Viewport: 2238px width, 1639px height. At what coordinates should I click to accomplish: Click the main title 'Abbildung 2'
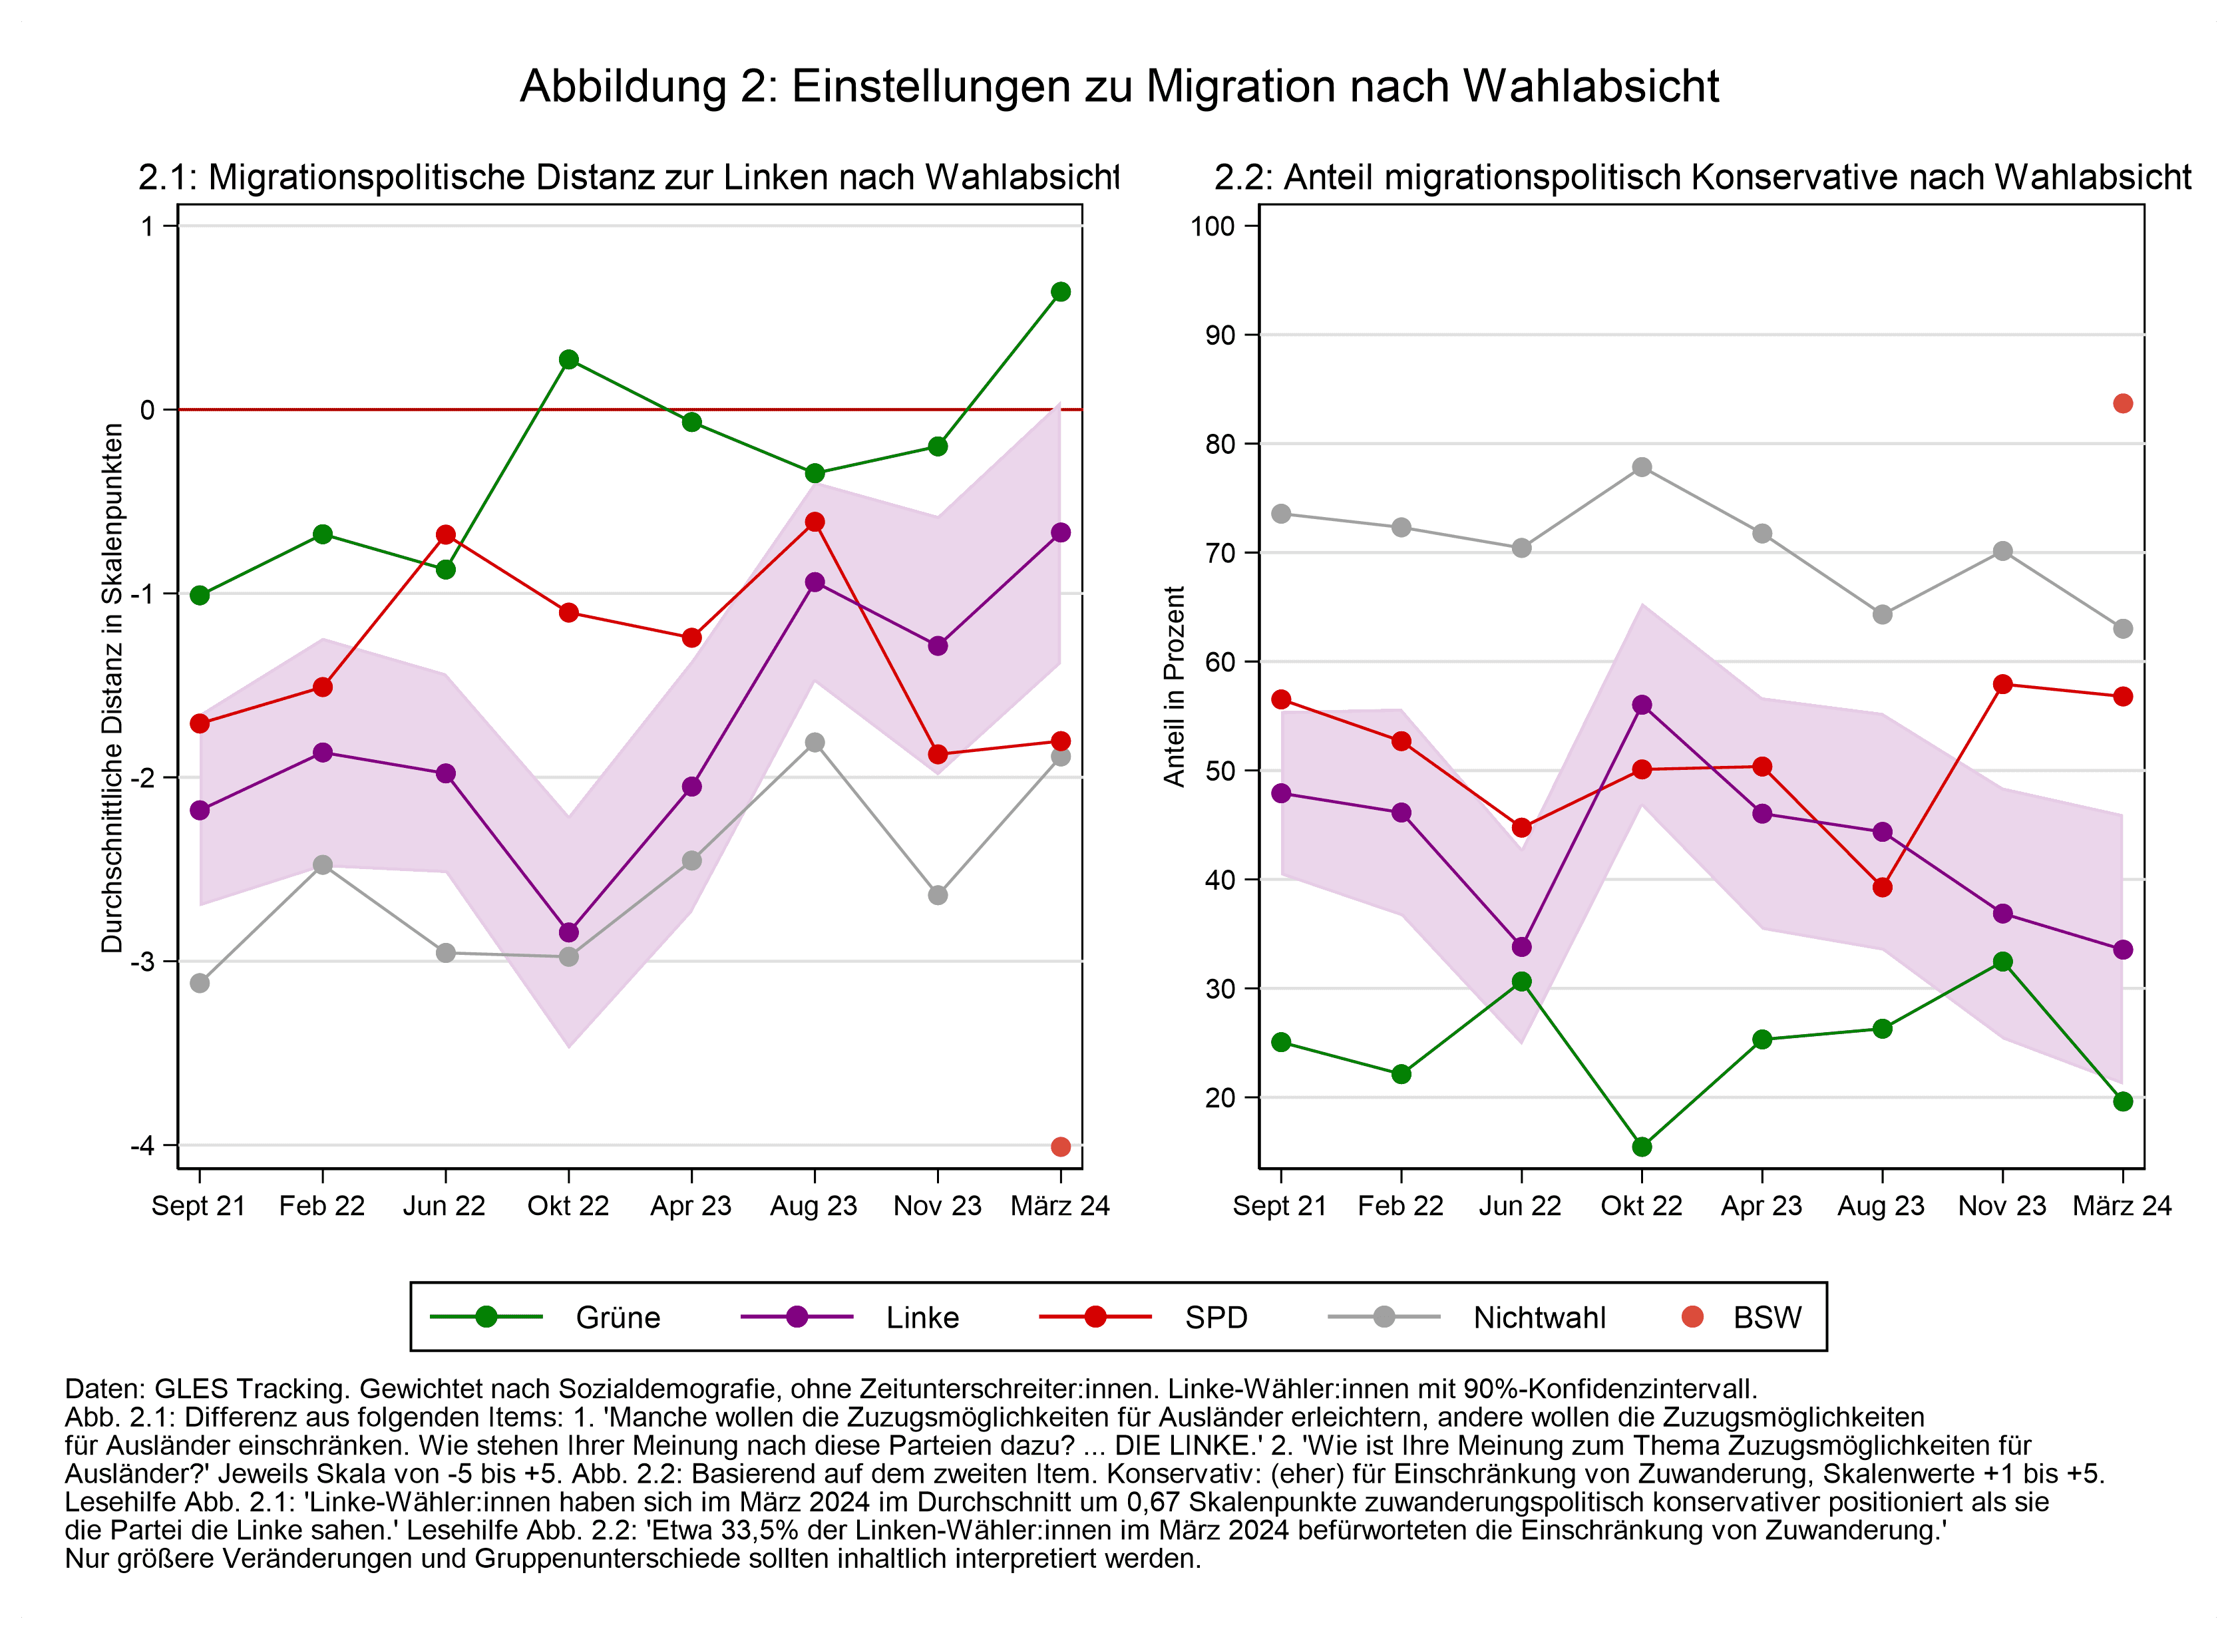click(1119, 87)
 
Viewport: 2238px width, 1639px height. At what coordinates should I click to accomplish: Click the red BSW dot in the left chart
click(1061, 1147)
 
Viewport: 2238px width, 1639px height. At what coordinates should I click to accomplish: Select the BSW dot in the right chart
click(2123, 404)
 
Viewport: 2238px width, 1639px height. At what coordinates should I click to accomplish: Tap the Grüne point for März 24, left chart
click(1061, 291)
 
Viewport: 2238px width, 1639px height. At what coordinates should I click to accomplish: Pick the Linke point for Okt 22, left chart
click(568, 932)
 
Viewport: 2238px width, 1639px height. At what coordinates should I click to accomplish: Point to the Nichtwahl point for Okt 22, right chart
click(1642, 467)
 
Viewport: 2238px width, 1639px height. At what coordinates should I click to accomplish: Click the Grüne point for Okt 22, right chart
click(1642, 1147)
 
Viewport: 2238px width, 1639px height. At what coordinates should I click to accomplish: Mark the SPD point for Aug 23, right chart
click(1882, 887)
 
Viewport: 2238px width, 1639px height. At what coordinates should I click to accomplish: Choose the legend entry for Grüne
click(617, 1318)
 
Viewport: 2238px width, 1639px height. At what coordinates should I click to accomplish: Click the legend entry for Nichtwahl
click(1539, 1318)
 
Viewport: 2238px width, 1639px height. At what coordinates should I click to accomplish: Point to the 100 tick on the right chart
click(1212, 226)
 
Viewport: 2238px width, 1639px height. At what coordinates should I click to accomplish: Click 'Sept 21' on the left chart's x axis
click(198, 1206)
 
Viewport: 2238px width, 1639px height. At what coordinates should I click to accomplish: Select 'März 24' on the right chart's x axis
click(2122, 1206)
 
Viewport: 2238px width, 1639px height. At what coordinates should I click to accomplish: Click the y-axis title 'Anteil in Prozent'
click(1175, 687)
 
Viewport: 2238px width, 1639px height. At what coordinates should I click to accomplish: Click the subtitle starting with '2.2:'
click(1702, 178)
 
